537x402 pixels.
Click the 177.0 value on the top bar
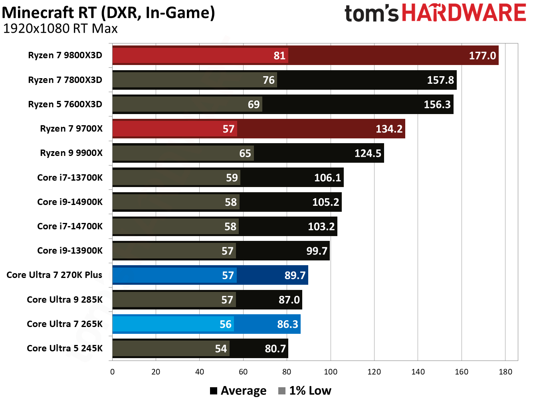tap(482, 55)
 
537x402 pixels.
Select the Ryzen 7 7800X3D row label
tap(65, 80)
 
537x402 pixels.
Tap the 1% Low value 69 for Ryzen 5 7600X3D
tap(254, 104)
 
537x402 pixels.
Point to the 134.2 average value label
tap(389, 129)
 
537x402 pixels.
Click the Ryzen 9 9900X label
tap(71, 153)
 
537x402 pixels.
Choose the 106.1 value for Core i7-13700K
tap(327, 177)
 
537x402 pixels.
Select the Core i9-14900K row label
tap(70, 202)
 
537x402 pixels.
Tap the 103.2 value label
tap(321, 227)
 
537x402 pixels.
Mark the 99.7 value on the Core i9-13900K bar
tap(317, 251)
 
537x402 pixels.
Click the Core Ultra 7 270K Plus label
tap(54, 275)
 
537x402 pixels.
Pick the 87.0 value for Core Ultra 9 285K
tap(289, 300)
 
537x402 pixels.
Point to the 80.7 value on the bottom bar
tap(275, 349)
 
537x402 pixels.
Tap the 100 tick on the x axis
tap(330, 372)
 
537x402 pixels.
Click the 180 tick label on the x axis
tap(505, 372)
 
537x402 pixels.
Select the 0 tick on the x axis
tap(112, 372)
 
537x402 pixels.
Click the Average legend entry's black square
tap(214, 391)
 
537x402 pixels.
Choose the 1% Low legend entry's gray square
tap(282, 391)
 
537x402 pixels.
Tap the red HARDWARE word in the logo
tap(464, 13)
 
